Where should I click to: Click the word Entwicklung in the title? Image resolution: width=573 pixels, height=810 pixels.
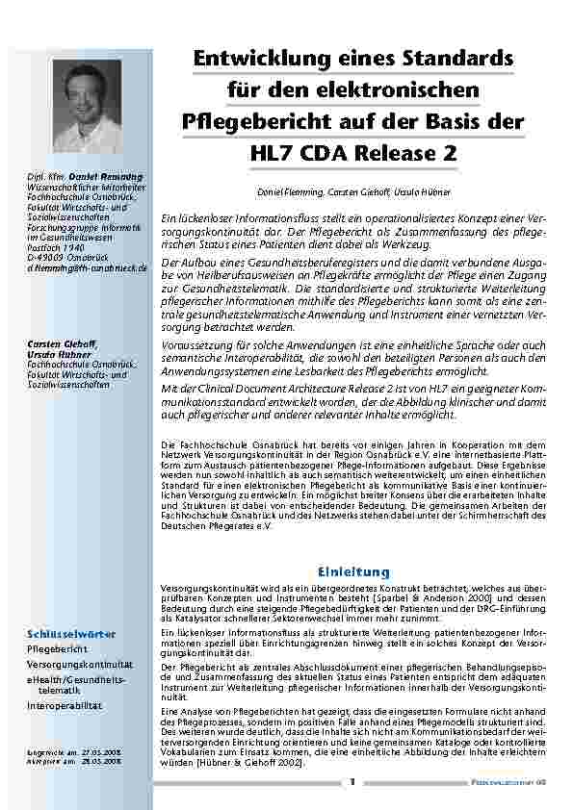click(x=248, y=59)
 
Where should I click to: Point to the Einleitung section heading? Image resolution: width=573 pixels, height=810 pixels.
click(x=353, y=571)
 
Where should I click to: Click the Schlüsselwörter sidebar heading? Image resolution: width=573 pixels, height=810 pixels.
click(x=71, y=634)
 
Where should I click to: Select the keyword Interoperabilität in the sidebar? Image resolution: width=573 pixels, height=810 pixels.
click(x=65, y=705)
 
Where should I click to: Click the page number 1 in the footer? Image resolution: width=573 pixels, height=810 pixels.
click(x=353, y=782)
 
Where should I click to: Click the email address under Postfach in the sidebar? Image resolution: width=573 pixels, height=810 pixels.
click(x=87, y=268)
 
